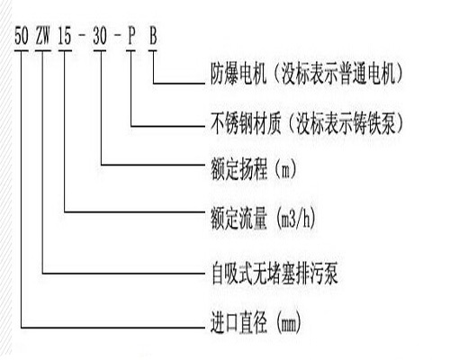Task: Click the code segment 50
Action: tap(22, 36)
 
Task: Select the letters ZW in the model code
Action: tap(42, 36)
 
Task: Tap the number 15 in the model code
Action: tap(65, 36)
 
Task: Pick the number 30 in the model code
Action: tap(100, 36)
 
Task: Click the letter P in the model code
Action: tap(131, 36)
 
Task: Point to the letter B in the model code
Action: tap(153, 36)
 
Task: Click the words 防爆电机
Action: tap(238, 74)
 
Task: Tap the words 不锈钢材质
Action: tap(246, 123)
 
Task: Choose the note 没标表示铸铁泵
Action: tap(346, 123)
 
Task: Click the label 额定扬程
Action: tap(238, 169)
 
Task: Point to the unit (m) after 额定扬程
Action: tap(285, 169)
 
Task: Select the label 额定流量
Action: tap(238, 219)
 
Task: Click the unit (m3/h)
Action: tap(294, 219)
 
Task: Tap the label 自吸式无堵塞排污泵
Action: tap(274, 274)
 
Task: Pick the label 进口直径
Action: tap(238, 323)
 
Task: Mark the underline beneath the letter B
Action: tap(153, 50)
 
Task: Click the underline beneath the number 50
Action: tap(22, 50)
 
